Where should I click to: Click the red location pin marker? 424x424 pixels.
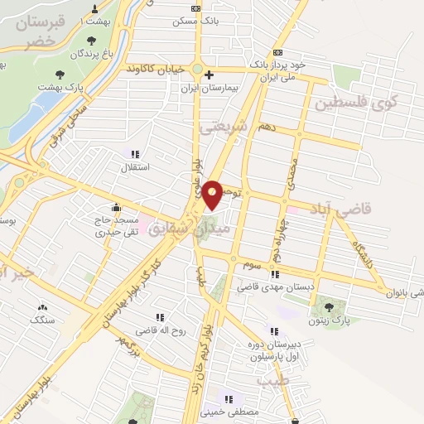coord(213,194)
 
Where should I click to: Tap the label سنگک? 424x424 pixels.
coord(41,318)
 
